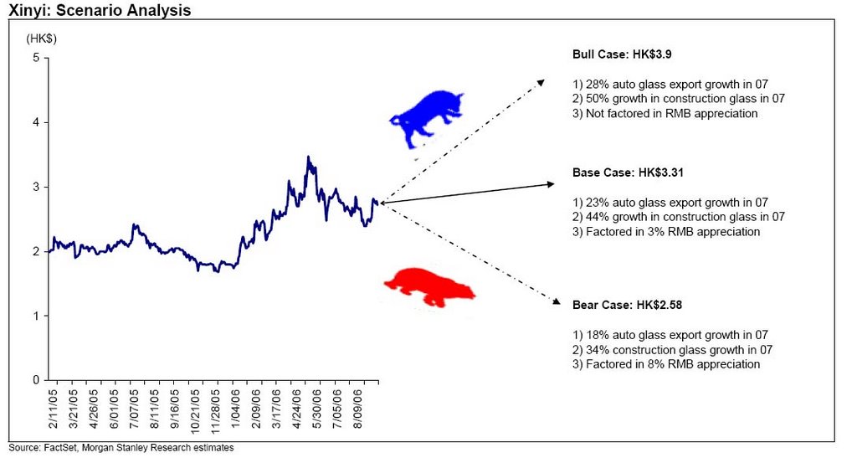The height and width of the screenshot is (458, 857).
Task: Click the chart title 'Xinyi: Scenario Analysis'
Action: coord(100,10)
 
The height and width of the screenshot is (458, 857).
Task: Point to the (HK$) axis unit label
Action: coord(41,39)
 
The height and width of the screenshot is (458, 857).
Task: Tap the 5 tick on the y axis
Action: coord(36,58)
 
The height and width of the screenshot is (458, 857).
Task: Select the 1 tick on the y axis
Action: coord(37,316)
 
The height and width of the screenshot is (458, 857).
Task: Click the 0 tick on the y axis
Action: coord(36,380)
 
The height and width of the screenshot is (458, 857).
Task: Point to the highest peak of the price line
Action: coord(308,157)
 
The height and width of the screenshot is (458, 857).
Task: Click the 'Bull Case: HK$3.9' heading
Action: coord(623,54)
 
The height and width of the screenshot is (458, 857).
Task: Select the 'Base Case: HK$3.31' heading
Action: coord(628,172)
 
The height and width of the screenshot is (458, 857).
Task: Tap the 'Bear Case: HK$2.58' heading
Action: coord(628,305)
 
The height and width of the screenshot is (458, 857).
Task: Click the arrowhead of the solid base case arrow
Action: coord(551,184)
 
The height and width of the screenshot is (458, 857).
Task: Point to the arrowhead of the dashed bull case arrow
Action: coord(541,82)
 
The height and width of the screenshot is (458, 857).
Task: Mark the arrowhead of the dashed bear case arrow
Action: coord(557,301)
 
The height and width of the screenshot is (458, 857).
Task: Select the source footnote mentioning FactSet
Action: coord(121,448)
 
